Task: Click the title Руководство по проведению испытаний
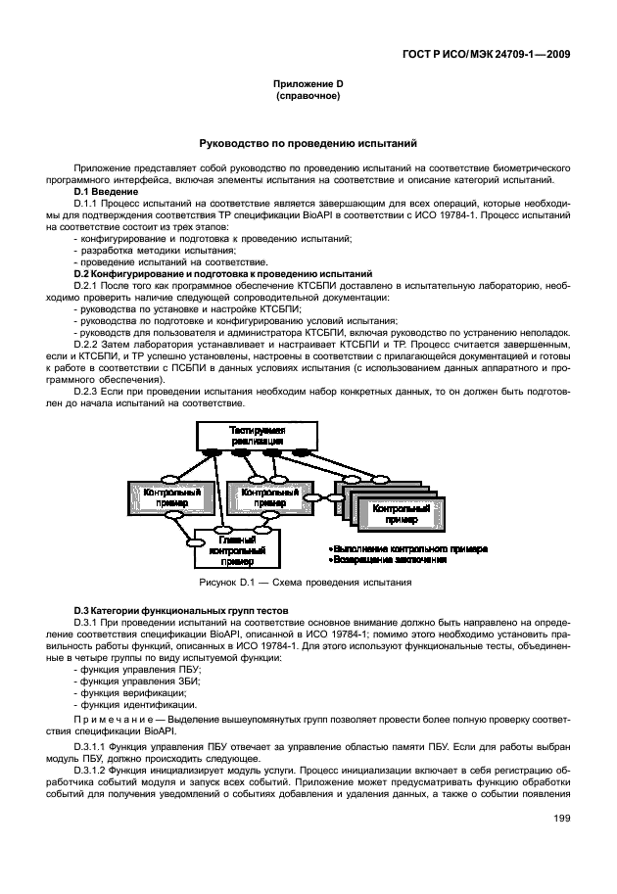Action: (x=308, y=143)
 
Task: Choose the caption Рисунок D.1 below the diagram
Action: (x=305, y=583)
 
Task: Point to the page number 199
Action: (x=562, y=819)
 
